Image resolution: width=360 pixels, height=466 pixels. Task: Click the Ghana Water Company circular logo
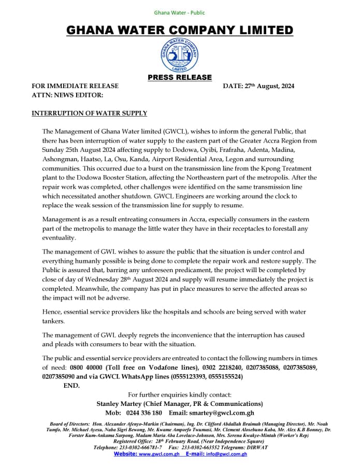[x=180, y=55]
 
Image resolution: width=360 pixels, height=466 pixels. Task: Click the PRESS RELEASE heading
[x=180, y=77]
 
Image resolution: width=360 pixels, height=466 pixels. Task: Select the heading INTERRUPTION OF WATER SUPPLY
[x=89, y=113]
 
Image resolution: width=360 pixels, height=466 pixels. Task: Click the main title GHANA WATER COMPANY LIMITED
[x=180, y=30]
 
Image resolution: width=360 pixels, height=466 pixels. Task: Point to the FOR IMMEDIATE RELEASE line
[x=75, y=86]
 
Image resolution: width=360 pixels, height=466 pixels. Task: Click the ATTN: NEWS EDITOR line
[x=67, y=95]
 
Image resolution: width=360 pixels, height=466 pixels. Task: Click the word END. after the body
[x=71, y=386]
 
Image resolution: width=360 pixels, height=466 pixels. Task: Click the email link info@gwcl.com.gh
[x=226, y=454]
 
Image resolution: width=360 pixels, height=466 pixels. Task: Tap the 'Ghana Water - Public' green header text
[x=180, y=12]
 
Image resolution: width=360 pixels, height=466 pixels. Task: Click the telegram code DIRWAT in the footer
[x=256, y=447]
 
